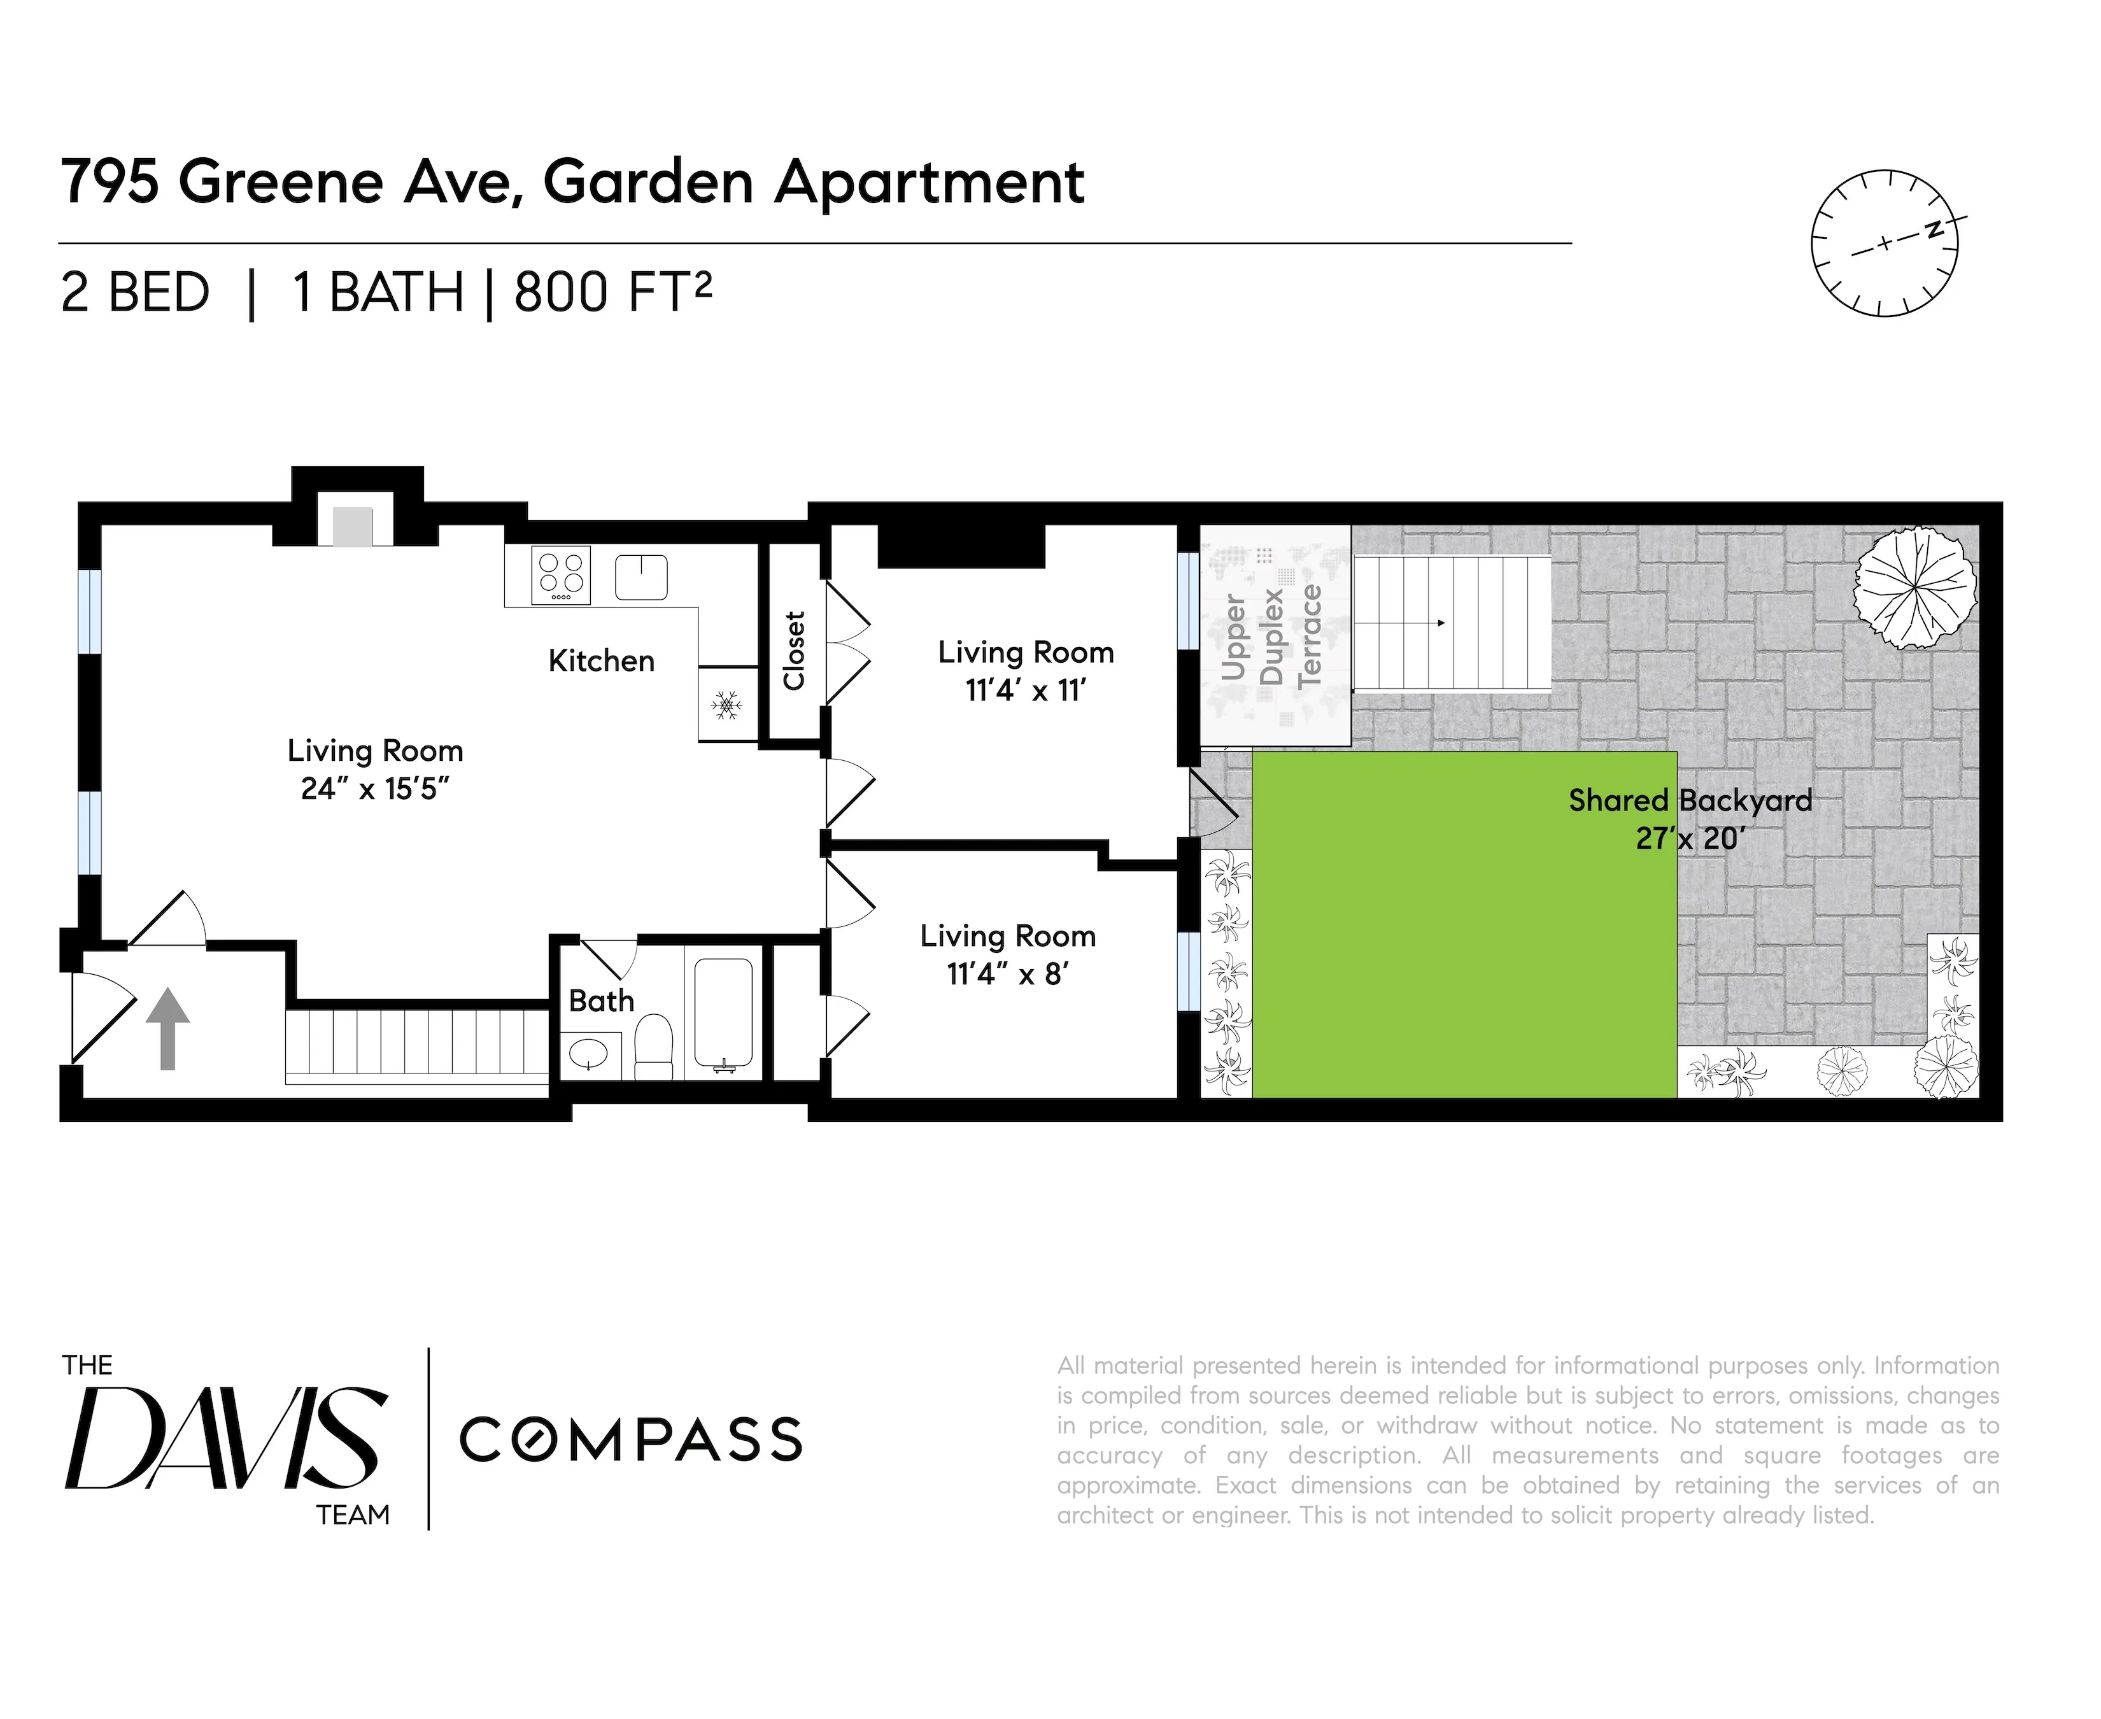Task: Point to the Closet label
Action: click(x=794, y=651)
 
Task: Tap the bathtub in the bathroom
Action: click(x=724, y=1013)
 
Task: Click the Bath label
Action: click(x=601, y=1001)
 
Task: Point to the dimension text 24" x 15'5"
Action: click(x=375, y=789)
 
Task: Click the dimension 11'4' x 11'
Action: click(x=1026, y=690)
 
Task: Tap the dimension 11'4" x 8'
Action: click(x=1007, y=974)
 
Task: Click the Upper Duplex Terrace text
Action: click(x=1271, y=636)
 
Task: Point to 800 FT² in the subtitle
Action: click(x=612, y=292)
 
